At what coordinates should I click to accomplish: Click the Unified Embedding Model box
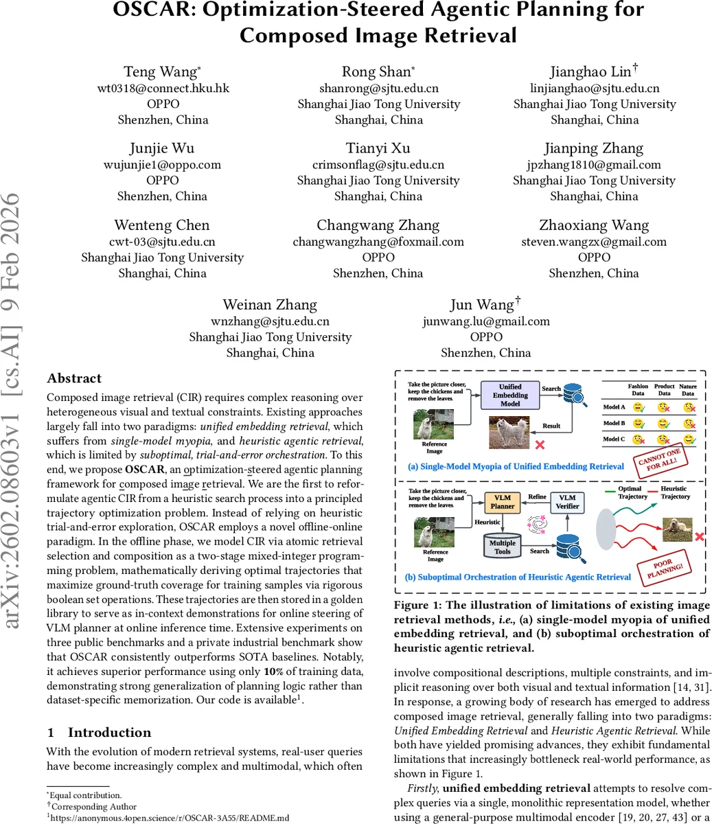[x=510, y=396]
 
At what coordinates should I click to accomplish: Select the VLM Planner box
[x=502, y=501]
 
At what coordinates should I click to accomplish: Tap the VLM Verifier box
[x=567, y=502]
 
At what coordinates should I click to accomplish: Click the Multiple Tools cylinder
[x=502, y=547]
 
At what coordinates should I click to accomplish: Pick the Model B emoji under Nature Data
[x=687, y=423]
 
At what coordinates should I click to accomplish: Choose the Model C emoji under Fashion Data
[x=638, y=439]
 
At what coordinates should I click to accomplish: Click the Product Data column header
[x=664, y=389]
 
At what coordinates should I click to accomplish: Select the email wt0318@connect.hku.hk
[x=163, y=88]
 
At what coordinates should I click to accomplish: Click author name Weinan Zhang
[x=270, y=305]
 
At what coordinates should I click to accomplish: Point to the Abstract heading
[x=74, y=378]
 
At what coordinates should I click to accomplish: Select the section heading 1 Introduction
[x=99, y=732]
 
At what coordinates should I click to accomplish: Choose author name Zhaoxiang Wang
[x=594, y=225]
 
